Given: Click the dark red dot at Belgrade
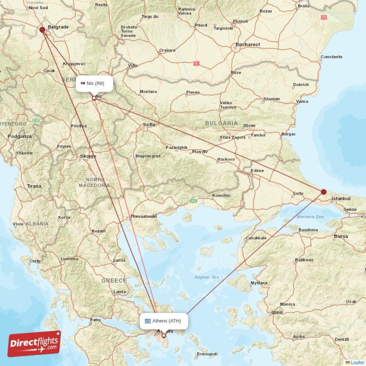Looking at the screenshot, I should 42,30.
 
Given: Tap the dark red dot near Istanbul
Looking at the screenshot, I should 323,192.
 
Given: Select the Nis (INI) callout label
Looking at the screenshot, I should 94,83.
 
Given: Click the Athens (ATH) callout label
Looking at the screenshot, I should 163,321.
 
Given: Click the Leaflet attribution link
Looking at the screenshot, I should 357,362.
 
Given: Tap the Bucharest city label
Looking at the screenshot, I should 248,44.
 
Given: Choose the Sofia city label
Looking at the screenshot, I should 149,124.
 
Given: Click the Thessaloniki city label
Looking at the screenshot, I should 144,216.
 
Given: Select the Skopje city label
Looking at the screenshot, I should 88,156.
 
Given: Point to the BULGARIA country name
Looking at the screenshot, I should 221,123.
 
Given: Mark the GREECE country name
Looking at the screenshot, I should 114,280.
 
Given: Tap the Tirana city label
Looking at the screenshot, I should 33,186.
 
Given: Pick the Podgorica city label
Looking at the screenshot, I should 20,136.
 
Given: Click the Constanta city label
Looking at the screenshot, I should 331,57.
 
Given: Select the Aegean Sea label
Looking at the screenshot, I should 206,277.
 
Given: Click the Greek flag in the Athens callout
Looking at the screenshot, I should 148,321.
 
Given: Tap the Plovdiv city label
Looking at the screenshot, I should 200,151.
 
